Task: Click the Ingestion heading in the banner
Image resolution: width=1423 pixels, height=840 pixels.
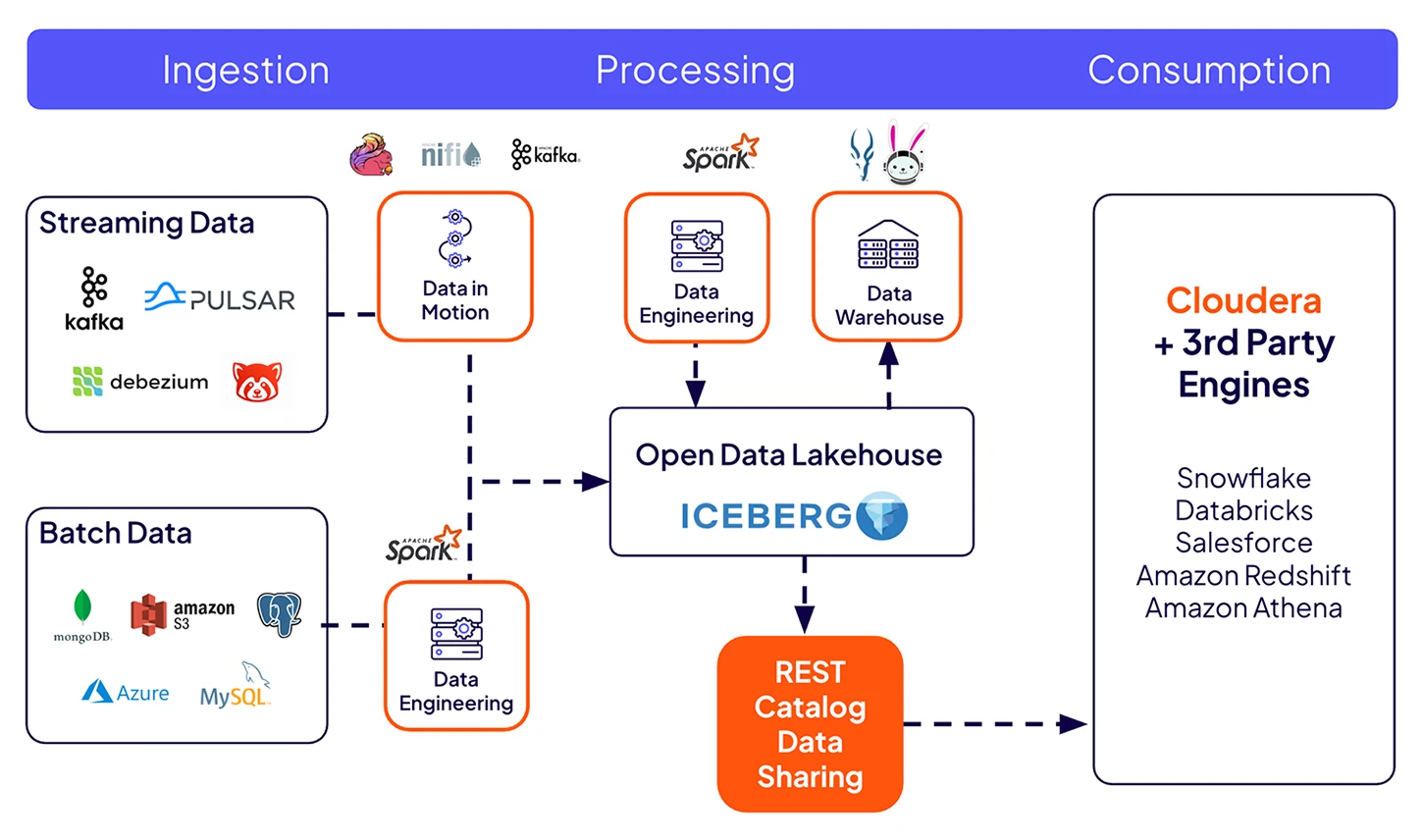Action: [245, 71]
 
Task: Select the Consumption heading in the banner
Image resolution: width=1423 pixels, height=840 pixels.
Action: [1209, 71]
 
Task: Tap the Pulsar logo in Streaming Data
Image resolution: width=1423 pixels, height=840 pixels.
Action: [220, 298]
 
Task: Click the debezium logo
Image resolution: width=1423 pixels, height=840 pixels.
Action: [140, 382]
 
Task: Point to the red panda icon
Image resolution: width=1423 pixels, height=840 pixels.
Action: [257, 382]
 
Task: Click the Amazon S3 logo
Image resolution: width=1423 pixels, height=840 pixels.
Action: [183, 614]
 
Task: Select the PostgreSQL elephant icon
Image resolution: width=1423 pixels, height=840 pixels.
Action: [279, 614]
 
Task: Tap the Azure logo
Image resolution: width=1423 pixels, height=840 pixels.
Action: [126, 693]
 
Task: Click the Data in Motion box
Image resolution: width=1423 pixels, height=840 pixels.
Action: [455, 267]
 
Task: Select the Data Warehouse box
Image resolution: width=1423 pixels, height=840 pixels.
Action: [887, 267]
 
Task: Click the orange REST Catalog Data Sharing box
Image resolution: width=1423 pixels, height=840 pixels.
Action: [810, 724]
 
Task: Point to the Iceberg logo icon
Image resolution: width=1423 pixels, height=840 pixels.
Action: [881, 515]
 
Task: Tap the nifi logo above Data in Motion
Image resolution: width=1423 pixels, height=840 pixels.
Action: [450, 154]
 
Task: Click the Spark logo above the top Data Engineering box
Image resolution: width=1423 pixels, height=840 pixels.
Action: [720, 154]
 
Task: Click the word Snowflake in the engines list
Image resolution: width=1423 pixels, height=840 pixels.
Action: [1243, 478]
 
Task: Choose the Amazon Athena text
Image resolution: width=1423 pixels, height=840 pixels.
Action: [1243, 608]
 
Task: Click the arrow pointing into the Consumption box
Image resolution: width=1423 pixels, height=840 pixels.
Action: [1074, 724]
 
